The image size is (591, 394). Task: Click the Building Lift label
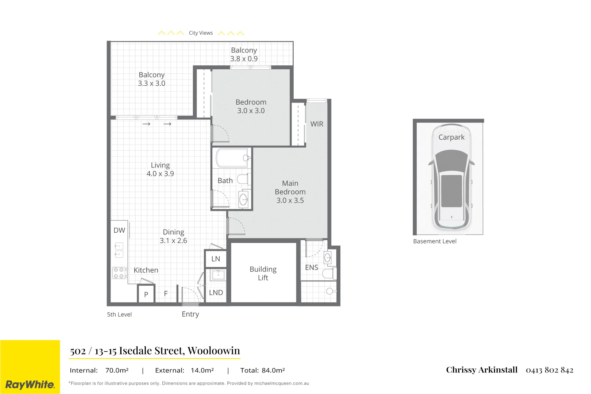263,273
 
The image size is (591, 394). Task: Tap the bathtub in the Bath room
232,158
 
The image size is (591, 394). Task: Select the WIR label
317,124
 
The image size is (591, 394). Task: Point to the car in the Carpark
451,177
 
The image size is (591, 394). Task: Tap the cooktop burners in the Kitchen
119,273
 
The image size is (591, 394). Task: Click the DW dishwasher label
119,231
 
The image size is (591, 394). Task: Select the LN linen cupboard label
216,259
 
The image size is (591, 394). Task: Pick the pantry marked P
146,294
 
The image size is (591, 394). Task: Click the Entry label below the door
190,314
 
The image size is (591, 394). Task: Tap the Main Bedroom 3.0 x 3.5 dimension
290,201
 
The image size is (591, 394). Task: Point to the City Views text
201,33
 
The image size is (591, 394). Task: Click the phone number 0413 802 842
549,370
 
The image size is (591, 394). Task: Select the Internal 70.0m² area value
117,371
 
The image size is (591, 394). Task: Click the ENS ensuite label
311,268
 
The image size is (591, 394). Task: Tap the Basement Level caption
434,242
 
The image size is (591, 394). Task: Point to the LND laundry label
216,293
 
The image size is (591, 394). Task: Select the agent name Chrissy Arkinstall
482,370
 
